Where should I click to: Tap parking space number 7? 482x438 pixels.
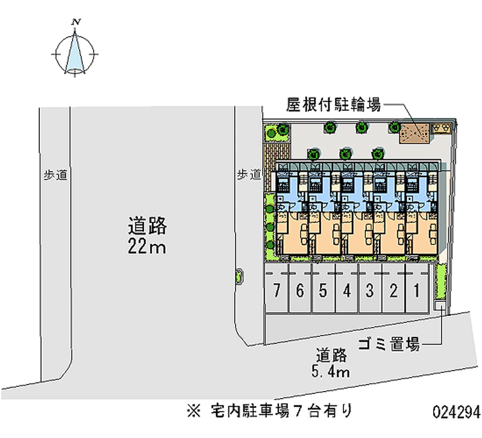coord(277,290)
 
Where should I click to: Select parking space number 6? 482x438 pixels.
coord(300,290)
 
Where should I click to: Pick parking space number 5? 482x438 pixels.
coord(323,290)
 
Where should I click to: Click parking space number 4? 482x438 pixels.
coord(346,290)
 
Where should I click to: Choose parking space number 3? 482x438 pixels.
coord(369,290)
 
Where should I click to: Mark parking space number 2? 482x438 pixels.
coord(393,290)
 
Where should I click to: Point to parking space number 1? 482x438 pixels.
coord(416,290)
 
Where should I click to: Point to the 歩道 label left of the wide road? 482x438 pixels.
coord(54,175)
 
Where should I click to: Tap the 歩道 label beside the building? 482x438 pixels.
coord(248,175)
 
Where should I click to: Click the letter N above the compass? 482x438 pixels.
coord(76,23)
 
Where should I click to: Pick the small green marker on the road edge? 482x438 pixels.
coord(240,275)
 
